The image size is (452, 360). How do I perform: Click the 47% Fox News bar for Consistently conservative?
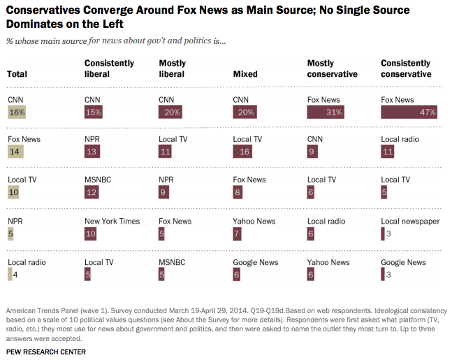[409, 112]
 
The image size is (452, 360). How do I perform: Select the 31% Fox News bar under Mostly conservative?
[326, 112]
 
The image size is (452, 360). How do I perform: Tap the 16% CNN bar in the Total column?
[17, 112]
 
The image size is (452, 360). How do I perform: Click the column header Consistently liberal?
[109, 69]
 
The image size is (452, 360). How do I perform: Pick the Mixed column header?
[245, 74]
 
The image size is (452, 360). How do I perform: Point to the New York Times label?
[112, 222]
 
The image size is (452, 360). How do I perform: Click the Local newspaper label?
[410, 222]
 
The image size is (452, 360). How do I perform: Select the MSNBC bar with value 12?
[93, 192]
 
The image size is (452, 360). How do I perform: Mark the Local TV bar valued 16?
[243, 152]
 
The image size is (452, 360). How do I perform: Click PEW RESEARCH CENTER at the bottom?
[45, 352]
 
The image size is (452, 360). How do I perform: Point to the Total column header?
[17, 74]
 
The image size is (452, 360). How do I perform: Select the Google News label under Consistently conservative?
[403, 262]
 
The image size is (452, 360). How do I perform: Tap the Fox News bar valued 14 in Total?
[15, 152]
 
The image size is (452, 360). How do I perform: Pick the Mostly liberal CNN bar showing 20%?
[170, 112]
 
